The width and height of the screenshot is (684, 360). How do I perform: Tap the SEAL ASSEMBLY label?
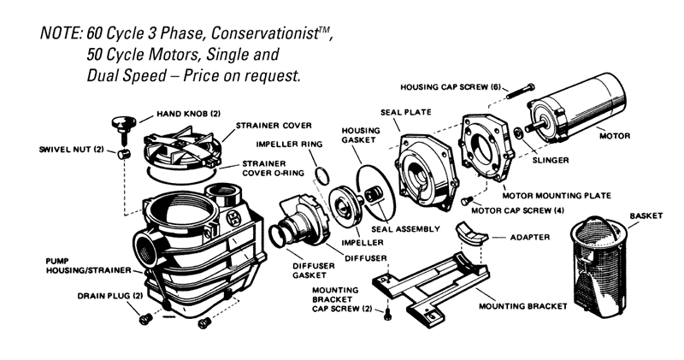click(406, 229)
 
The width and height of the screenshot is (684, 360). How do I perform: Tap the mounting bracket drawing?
click(427, 286)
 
